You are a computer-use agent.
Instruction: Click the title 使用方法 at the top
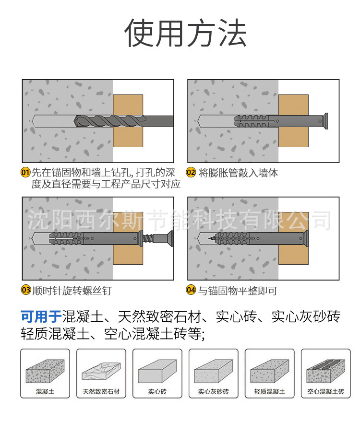pos(185,33)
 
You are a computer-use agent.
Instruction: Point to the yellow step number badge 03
pos(25,290)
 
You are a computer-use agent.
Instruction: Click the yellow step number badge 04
pos(191,290)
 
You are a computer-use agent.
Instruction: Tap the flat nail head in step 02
pos(325,121)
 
